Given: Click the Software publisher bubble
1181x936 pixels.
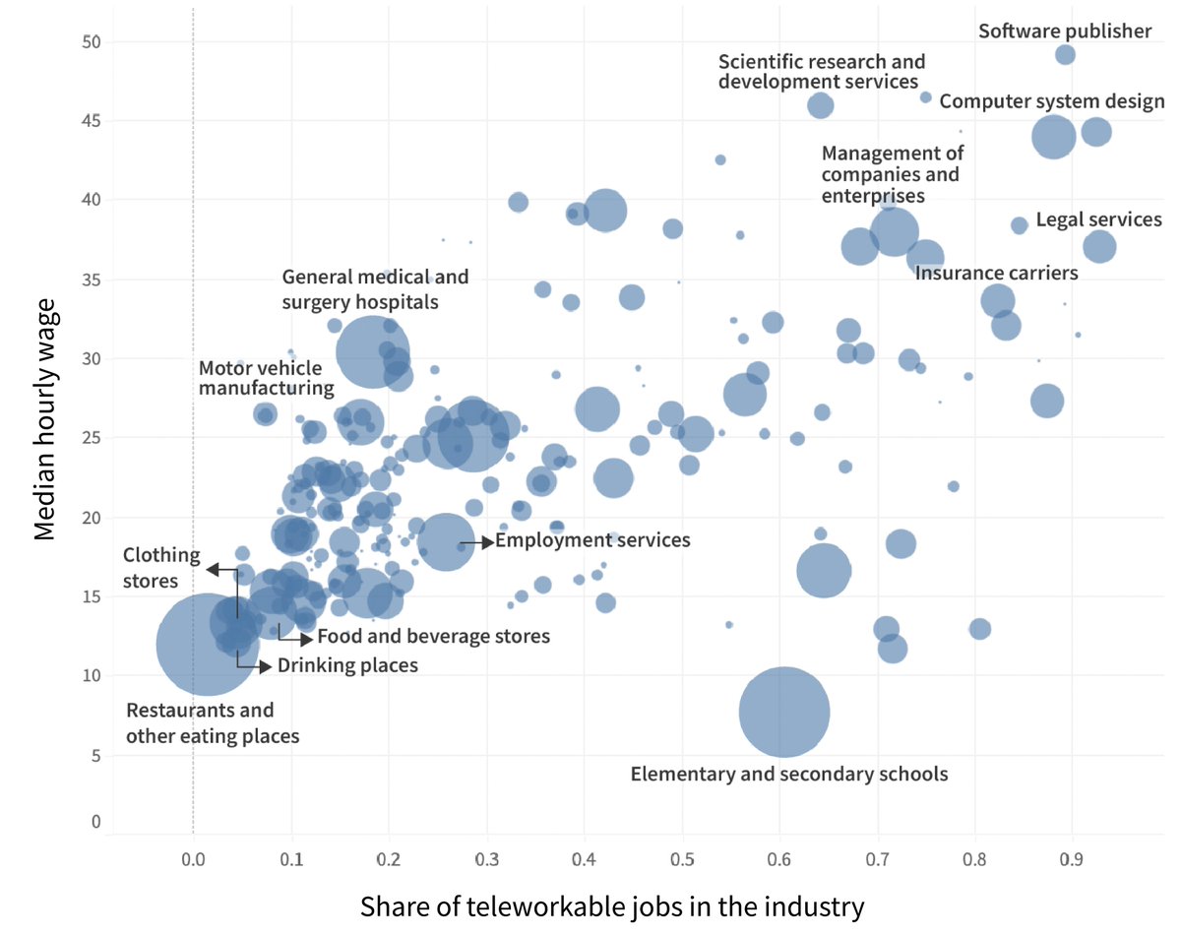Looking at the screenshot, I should (x=1065, y=55).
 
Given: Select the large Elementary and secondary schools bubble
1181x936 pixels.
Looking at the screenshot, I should (x=784, y=712).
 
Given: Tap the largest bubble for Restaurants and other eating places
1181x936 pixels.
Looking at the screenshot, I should (x=208, y=645).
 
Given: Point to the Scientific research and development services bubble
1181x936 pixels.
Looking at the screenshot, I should (x=821, y=105).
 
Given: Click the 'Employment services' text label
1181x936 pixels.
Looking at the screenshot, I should (x=592, y=540).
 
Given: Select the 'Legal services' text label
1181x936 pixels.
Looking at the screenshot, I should (x=1098, y=219).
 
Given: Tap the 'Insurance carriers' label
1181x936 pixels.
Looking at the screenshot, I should (x=996, y=273).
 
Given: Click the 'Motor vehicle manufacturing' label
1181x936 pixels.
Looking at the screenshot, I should (x=266, y=378).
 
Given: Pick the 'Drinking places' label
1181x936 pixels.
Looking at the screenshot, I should (x=347, y=665).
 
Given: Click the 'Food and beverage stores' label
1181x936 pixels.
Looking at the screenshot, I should (x=433, y=637).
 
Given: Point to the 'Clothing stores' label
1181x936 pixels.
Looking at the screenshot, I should (x=160, y=568).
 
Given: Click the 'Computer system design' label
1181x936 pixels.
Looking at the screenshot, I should (x=1051, y=101).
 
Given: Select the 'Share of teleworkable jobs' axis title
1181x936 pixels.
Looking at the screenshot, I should (x=612, y=905).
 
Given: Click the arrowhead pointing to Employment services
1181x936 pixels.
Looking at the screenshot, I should (x=487, y=541).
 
